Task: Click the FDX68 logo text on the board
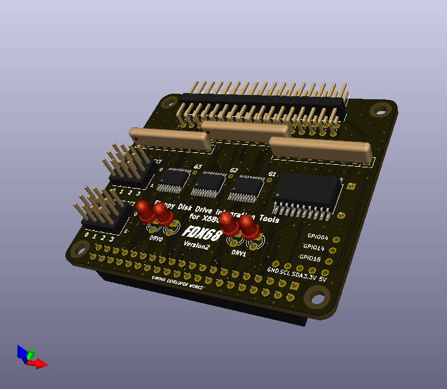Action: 202,234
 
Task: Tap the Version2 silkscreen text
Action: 196,247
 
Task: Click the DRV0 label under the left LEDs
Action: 156,239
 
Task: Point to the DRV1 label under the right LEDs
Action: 239,254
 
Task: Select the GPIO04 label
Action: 317,237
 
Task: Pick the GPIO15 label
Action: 310,258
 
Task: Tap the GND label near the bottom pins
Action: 273,270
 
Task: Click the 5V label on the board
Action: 324,278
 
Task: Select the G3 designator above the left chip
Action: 198,167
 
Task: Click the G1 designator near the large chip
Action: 272,174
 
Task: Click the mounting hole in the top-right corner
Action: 378,109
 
